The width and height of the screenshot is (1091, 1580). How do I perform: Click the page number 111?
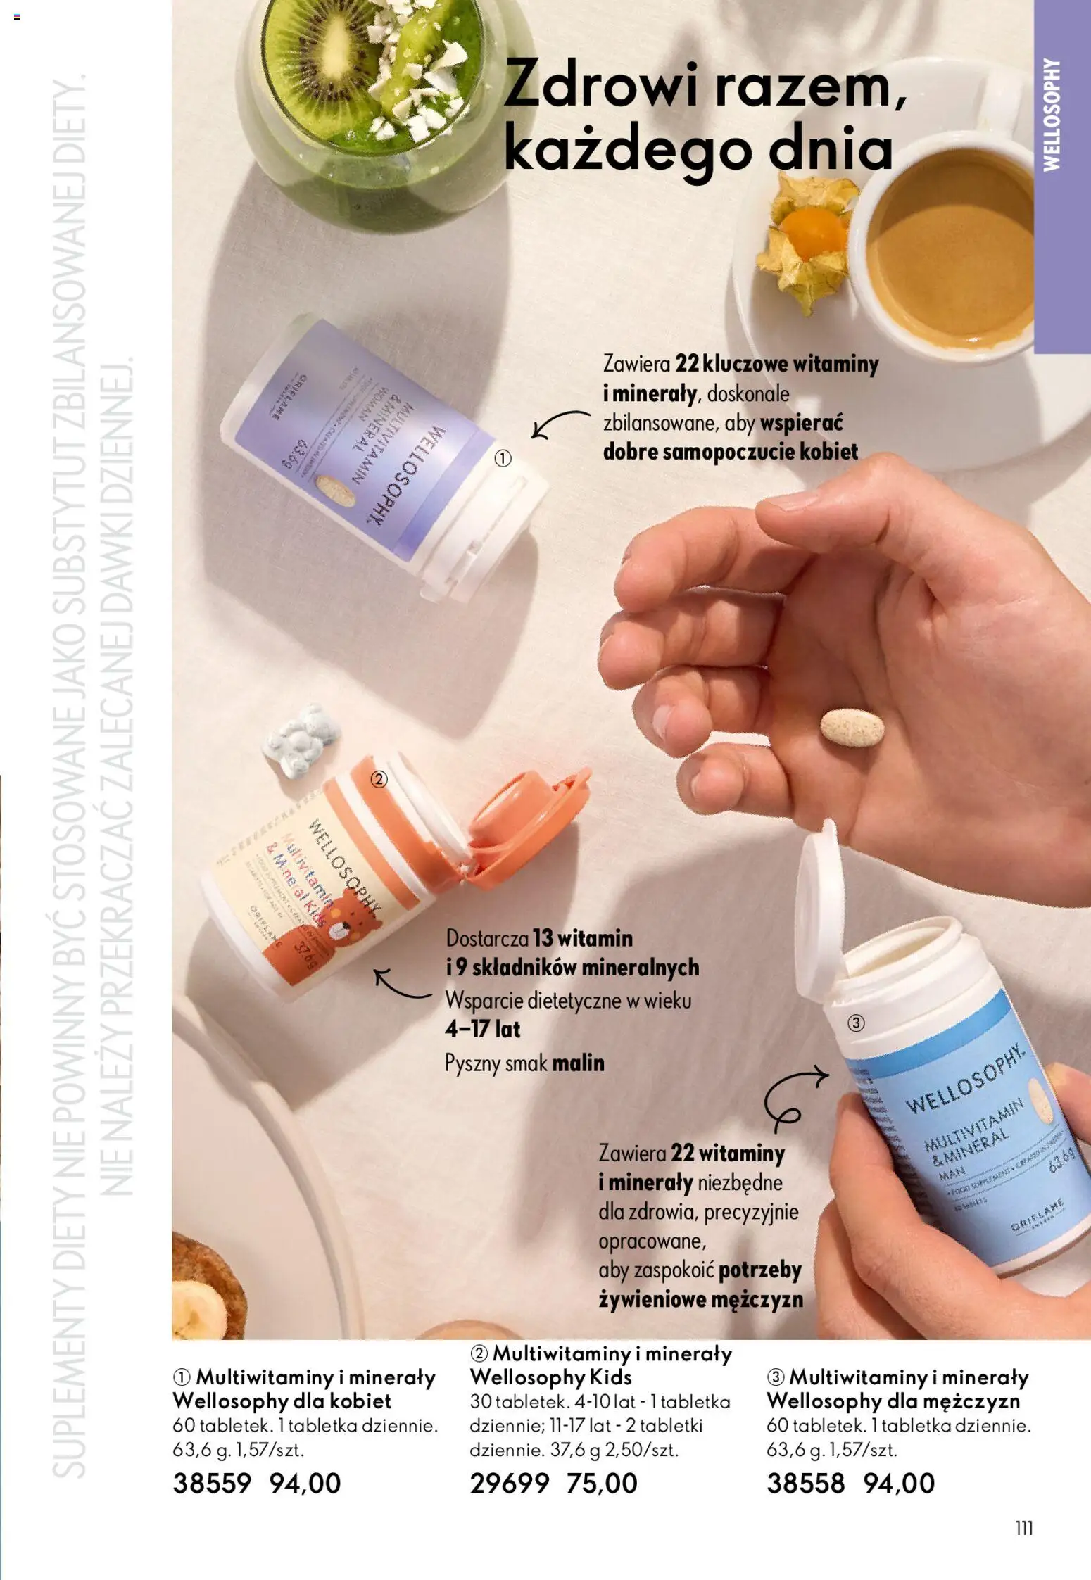(1024, 1528)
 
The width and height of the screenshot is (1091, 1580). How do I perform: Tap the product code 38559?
(211, 1483)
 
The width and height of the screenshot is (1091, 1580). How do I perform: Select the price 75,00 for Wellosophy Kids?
(602, 1483)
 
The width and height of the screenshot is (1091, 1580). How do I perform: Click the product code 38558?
(805, 1483)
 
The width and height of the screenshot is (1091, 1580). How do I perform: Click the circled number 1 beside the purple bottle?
(502, 459)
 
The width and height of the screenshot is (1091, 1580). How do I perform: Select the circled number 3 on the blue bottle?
(855, 1023)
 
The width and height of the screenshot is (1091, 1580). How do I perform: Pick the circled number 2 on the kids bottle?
(379, 779)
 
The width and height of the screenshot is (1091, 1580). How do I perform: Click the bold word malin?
(577, 1062)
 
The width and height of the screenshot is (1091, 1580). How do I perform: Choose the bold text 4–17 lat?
(482, 1029)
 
